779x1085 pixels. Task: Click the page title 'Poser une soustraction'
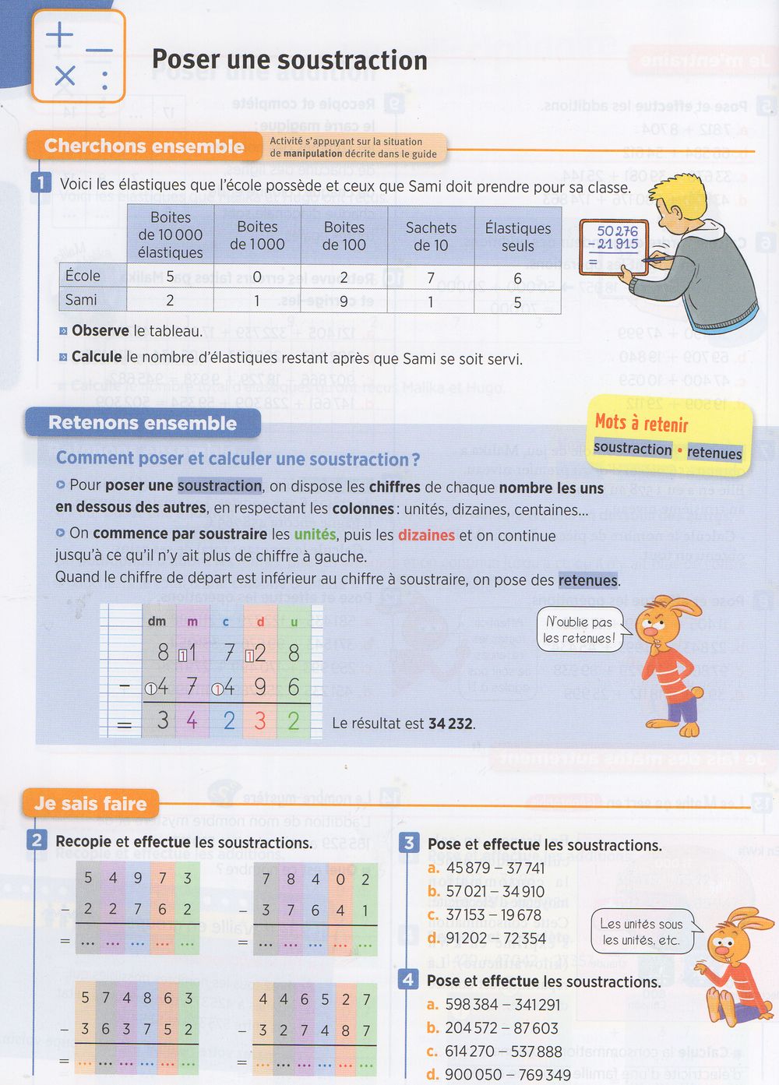coord(289,60)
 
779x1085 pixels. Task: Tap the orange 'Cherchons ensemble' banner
coord(144,146)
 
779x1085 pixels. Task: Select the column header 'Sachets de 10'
coord(431,236)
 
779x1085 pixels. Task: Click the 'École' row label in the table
coord(83,276)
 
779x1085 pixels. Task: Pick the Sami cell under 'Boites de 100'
coord(344,301)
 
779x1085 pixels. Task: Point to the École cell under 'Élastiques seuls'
coord(517,278)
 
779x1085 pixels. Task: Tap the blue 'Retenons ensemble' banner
coord(143,423)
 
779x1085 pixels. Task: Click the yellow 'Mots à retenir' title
coord(641,423)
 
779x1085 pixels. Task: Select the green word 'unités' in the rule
coord(315,535)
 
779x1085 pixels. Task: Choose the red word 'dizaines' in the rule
coord(426,535)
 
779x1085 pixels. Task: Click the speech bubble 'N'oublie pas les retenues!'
coord(579,630)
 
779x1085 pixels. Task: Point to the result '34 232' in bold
coord(450,724)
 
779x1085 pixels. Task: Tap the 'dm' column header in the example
coord(157,621)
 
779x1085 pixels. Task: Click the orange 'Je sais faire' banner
coord(90,804)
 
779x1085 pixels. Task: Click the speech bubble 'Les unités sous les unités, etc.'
coord(641,932)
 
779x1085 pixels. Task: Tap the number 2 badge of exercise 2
coord(37,840)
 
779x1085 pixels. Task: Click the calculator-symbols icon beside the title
coord(78,56)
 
